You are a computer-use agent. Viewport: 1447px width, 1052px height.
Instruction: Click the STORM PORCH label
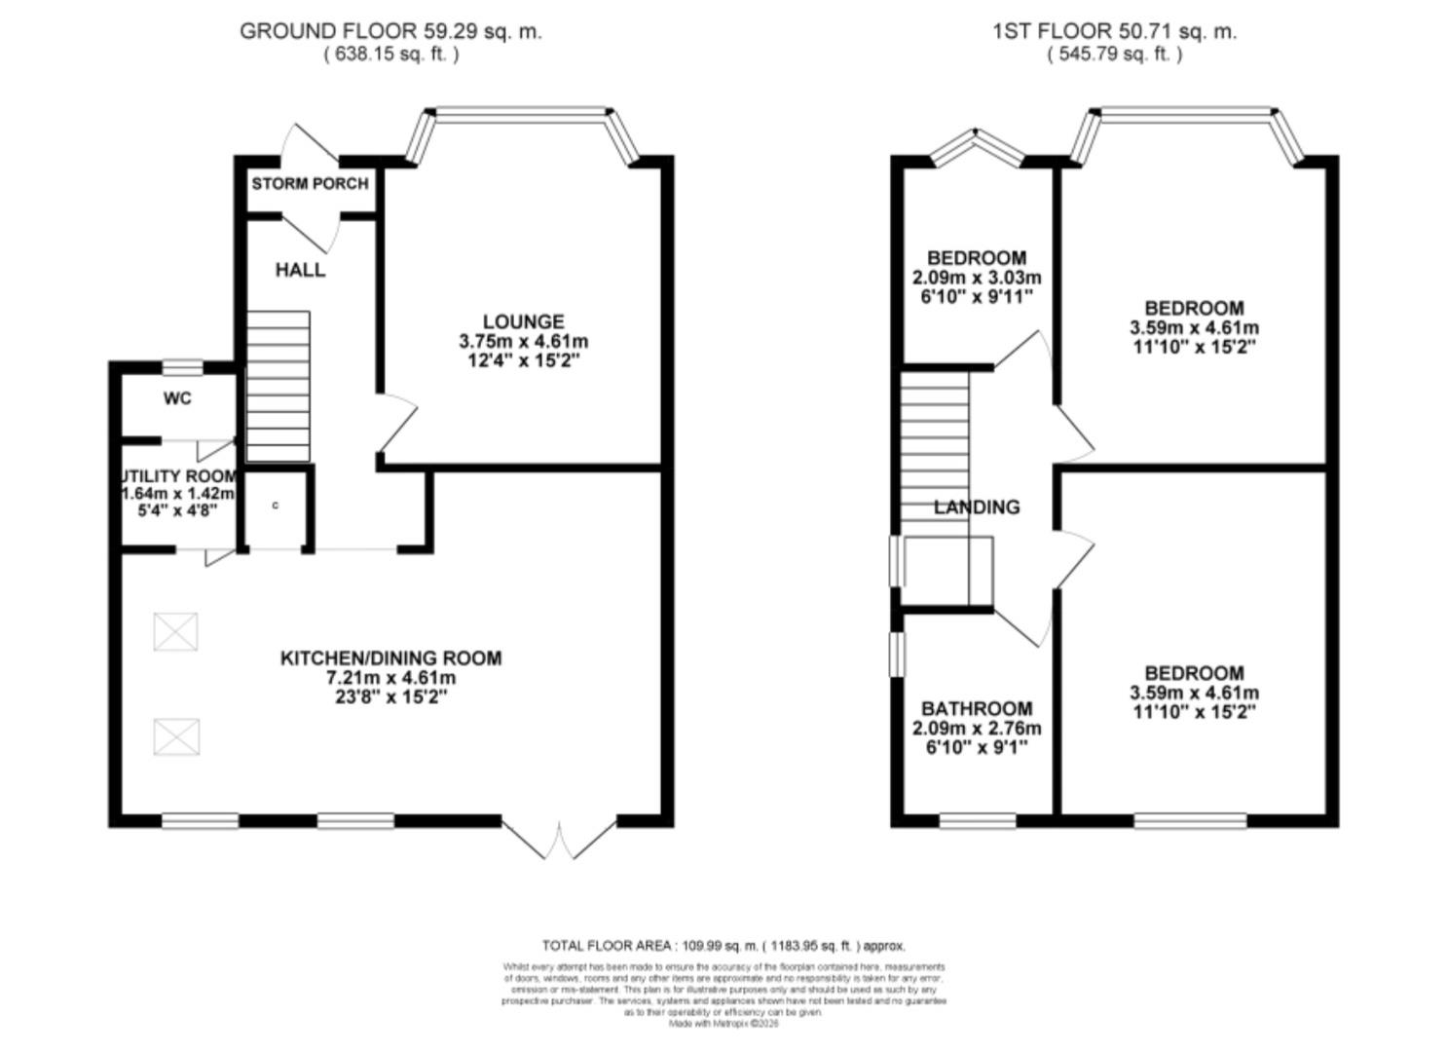pyautogui.click(x=310, y=183)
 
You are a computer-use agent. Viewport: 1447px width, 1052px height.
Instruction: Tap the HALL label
pyautogui.click(x=300, y=270)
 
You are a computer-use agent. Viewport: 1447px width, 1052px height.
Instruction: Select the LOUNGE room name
pyautogui.click(x=523, y=321)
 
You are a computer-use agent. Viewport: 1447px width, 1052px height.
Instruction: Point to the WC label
pyautogui.click(x=177, y=398)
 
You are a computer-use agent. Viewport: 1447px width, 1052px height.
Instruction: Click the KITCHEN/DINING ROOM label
pyautogui.click(x=390, y=658)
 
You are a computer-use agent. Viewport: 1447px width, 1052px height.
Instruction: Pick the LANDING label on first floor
pyautogui.click(x=977, y=507)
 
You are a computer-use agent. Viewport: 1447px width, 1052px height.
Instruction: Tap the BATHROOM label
pyautogui.click(x=977, y=709)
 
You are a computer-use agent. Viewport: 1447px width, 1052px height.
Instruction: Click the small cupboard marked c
pyautogui.click(x=276, y=507)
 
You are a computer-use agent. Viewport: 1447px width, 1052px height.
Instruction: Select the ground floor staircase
pyautogui.click(x=278, y=386)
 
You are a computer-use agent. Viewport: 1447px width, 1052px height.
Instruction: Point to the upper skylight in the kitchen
pyautogui.click(x=176, y=631)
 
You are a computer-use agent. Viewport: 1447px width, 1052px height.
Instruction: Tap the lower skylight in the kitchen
pyautogui.click(x=176, y=736)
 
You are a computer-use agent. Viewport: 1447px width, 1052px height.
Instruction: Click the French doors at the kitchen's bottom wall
pyautogui.click(x=559, y=840)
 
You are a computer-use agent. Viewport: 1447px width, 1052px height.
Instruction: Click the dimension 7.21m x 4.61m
pyautogui.click(x=390, y=678)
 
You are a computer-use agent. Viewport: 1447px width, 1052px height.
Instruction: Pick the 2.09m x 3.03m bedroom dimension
pyautogui.click(x=976, y=278)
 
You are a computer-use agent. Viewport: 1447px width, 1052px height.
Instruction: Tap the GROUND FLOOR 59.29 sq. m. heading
pyautogui.click(x=390, y=31)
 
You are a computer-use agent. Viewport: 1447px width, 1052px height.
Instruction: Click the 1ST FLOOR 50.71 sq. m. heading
pyautogui.click(x=1114, y=31)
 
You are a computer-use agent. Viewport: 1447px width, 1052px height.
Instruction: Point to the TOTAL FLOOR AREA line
pyautogui.click(x=723, y=946)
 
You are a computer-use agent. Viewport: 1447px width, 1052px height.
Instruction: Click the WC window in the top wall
pyautogui.click(x=182, y=367)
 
